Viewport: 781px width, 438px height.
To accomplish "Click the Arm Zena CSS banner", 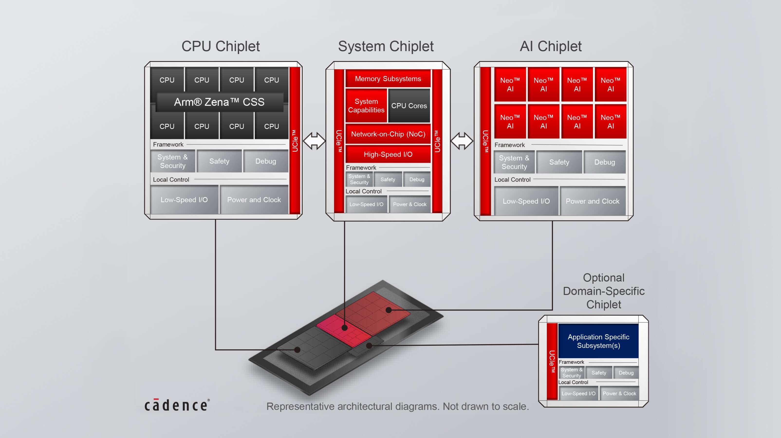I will [x=219, y=102].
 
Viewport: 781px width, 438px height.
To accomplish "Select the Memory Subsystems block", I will [x=388, y=79].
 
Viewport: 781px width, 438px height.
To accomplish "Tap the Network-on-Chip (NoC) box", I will [x=388, y=134].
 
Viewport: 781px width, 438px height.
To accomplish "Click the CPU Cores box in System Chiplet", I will [x=409, y=106].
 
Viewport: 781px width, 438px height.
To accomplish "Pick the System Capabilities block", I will [x=366, y=106].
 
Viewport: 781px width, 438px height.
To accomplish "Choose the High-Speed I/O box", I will [x=388, y=154].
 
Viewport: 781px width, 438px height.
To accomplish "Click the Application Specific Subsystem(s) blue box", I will [x=598, y=341].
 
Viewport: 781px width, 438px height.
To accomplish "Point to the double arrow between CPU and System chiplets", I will [x=314, y=141].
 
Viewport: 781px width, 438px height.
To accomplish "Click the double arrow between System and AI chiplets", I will [x=461, y=141].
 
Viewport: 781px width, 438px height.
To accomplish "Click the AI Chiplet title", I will [x=551, y=46].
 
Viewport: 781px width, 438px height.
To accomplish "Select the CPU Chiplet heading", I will [x=220, y=46].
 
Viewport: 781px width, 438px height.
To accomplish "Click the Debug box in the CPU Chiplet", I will [x=266, y=161].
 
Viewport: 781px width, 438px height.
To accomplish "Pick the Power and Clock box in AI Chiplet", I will [x=592, y=201].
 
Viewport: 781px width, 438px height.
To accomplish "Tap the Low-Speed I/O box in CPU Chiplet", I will [x=184, y=200].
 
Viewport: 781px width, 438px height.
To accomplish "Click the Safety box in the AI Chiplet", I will [x=559, y=162].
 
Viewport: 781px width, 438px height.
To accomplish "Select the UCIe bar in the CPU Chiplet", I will [x=295, y=141].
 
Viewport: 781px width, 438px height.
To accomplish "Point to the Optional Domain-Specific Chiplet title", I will [x=603, y=291].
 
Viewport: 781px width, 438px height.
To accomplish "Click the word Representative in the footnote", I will [x=300, y=406].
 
